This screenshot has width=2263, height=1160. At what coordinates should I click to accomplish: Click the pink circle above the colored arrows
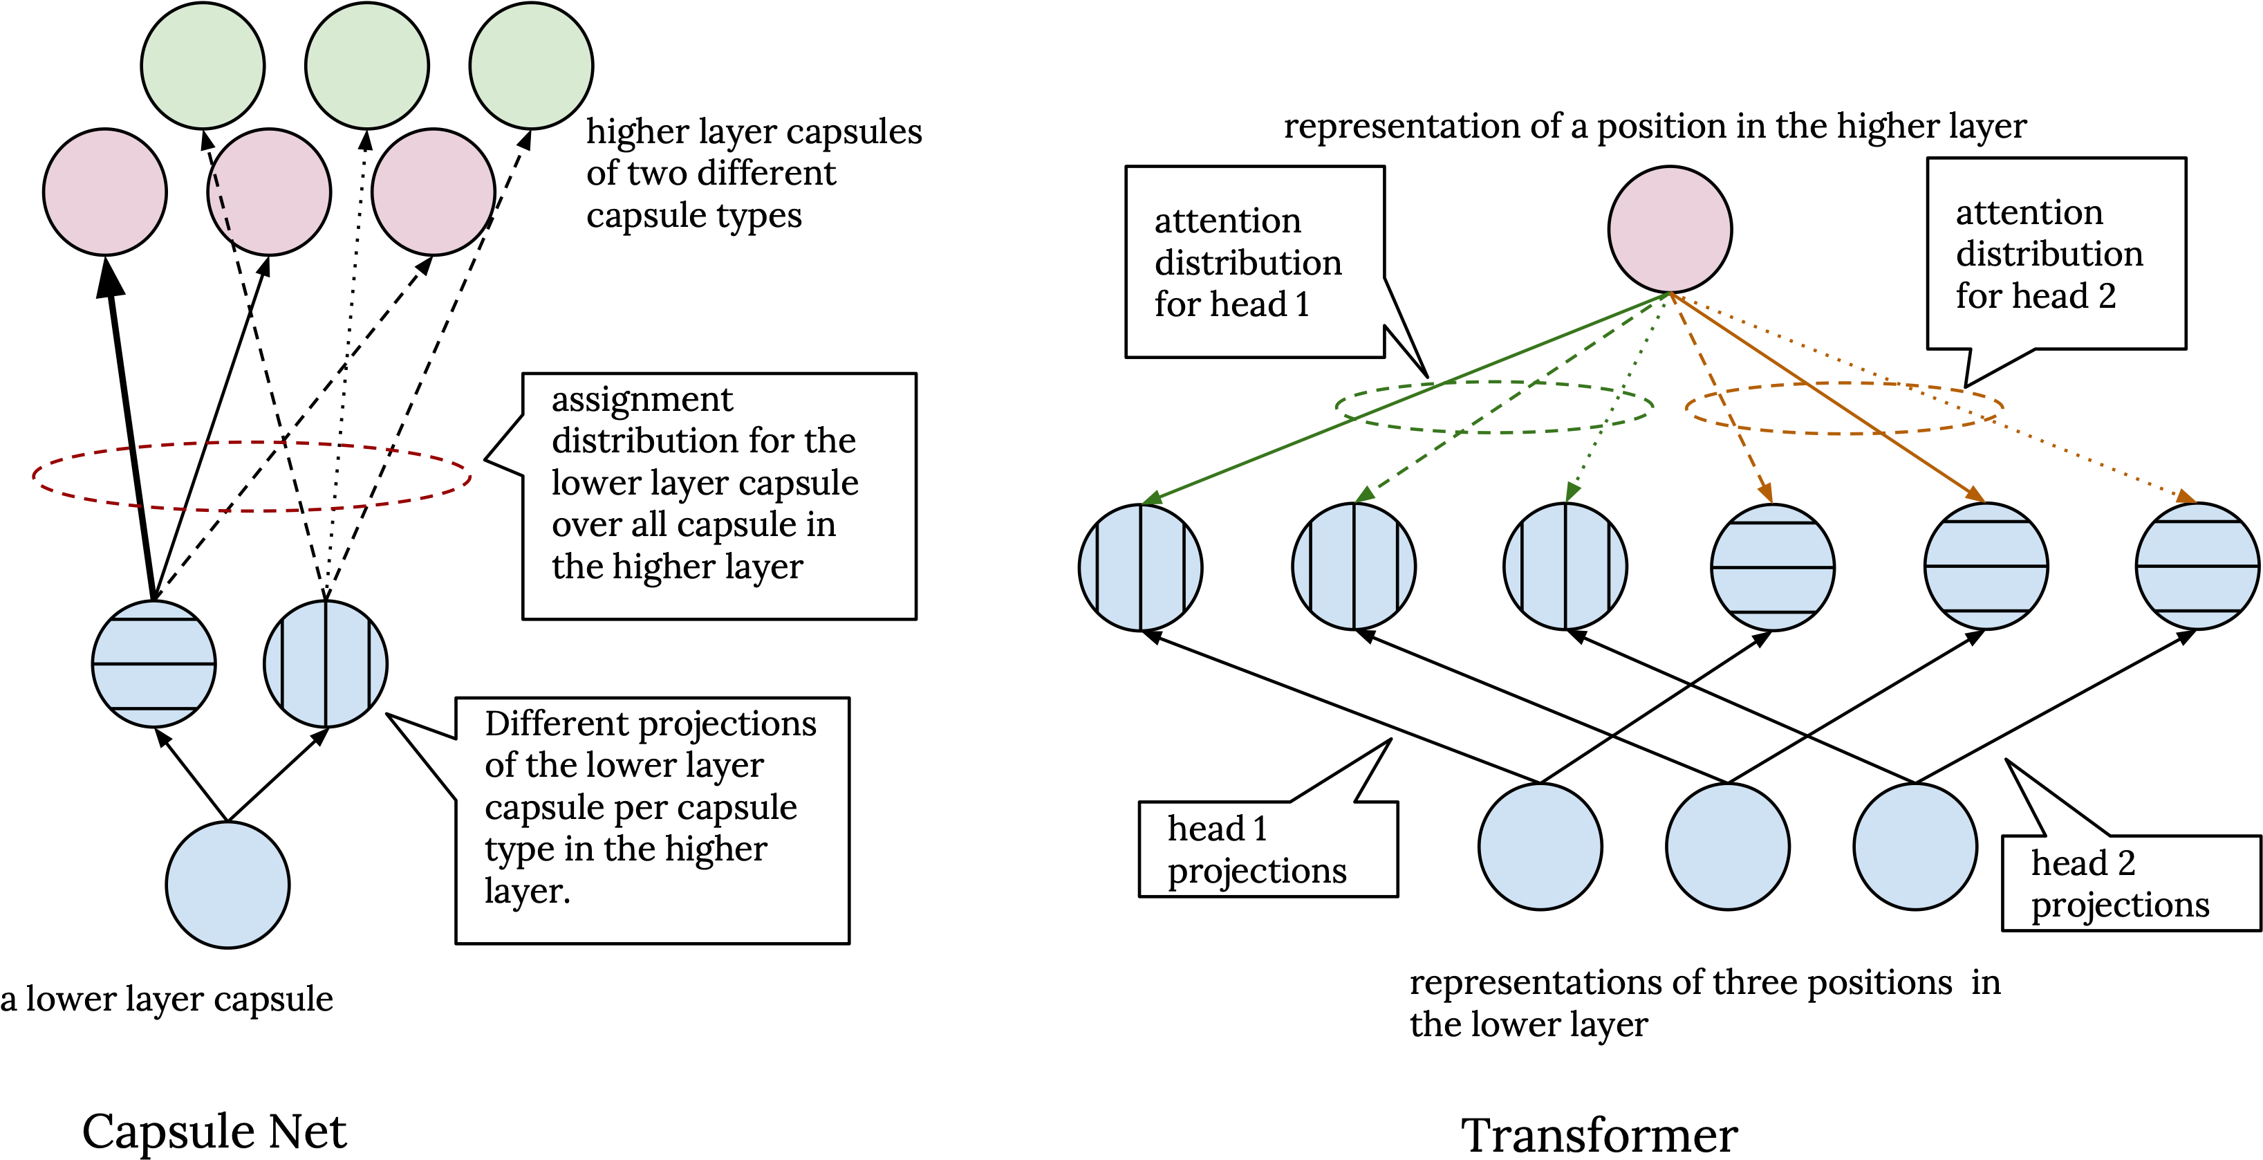click(1670, 230)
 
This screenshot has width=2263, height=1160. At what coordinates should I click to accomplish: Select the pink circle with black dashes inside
click(270, 192)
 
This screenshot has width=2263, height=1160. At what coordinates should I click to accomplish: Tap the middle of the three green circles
click(367, 66)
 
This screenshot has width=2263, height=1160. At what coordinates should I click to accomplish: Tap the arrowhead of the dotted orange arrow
click(2185, 497)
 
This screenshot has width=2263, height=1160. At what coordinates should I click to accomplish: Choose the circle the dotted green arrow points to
click(1565, 567)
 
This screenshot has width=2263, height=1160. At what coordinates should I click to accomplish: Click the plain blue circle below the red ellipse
click(227, 885)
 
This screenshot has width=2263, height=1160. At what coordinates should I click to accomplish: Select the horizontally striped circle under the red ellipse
click(153, 663)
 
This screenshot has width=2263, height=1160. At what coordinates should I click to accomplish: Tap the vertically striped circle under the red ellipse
click(326, 663)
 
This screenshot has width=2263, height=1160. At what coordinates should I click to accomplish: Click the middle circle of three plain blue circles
click(1728, 846)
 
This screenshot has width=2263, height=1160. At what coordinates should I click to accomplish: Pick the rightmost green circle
click(532, 66)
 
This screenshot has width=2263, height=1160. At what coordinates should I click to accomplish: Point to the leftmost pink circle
click(105, 192)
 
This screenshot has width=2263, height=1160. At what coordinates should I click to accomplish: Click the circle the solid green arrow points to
click(1140, 568)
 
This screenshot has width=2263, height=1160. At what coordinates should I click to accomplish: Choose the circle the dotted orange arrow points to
click(2197, 566)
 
